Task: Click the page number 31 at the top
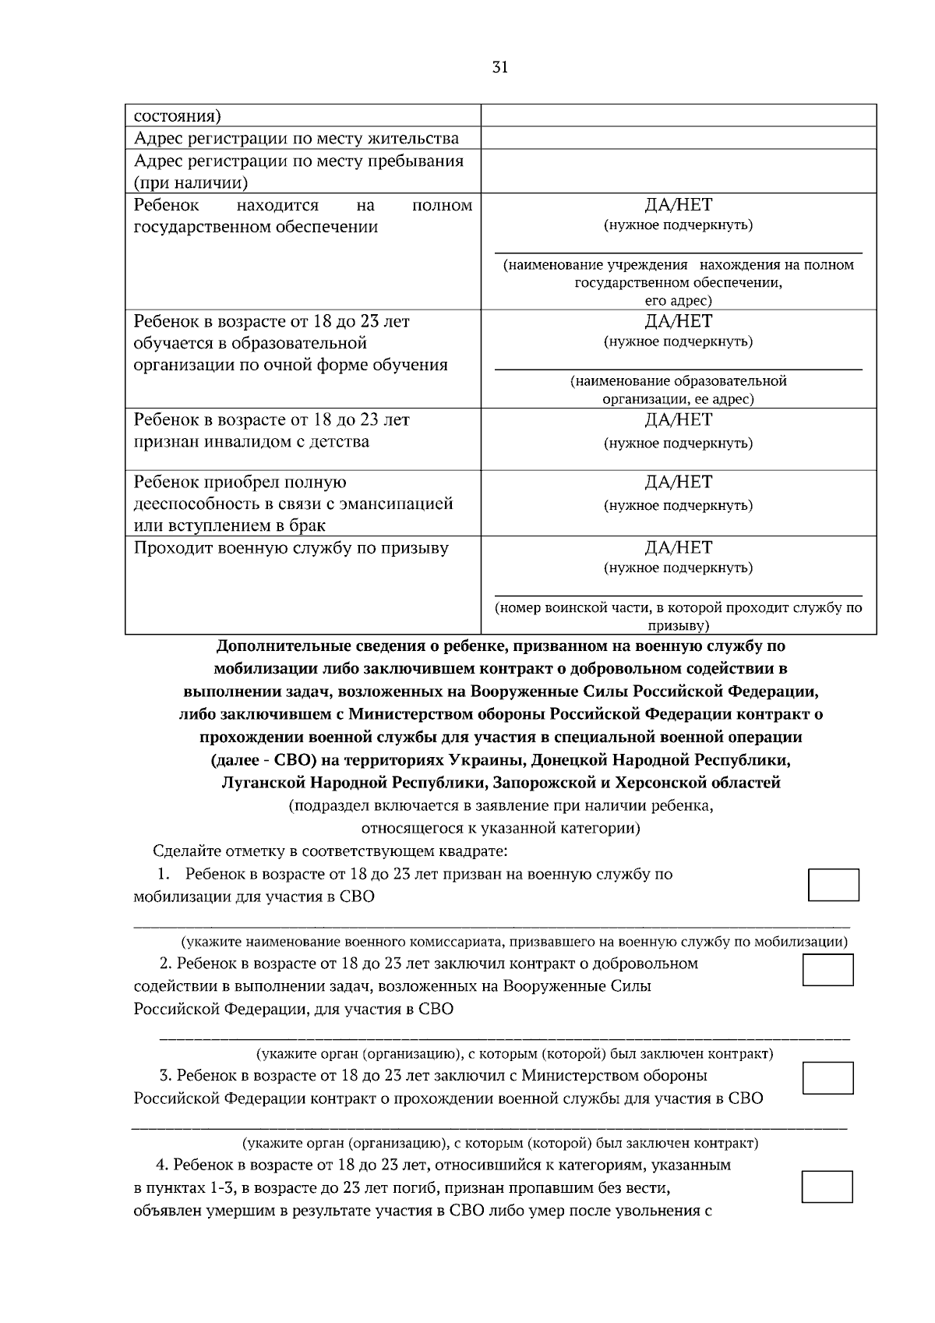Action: coord(499,68)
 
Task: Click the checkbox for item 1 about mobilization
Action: coord(833,885)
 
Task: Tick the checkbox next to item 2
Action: coord(827,970)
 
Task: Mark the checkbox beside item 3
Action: coord(827,1078)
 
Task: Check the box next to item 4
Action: coord(827,1186)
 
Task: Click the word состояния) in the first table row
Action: coord(177,117)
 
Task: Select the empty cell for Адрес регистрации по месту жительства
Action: coord(678,139)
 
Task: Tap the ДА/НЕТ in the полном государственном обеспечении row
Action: coord(678,205)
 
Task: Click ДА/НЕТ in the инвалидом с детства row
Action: coord(678,419)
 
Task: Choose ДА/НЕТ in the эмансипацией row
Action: coord(678,482)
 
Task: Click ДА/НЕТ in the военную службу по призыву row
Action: coord(678,547)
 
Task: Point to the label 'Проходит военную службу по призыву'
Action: coord(291,548)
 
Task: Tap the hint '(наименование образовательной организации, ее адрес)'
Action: coord(678,390)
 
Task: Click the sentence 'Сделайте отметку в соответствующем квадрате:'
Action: coord(330,851)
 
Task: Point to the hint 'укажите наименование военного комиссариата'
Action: coord(514,942)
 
